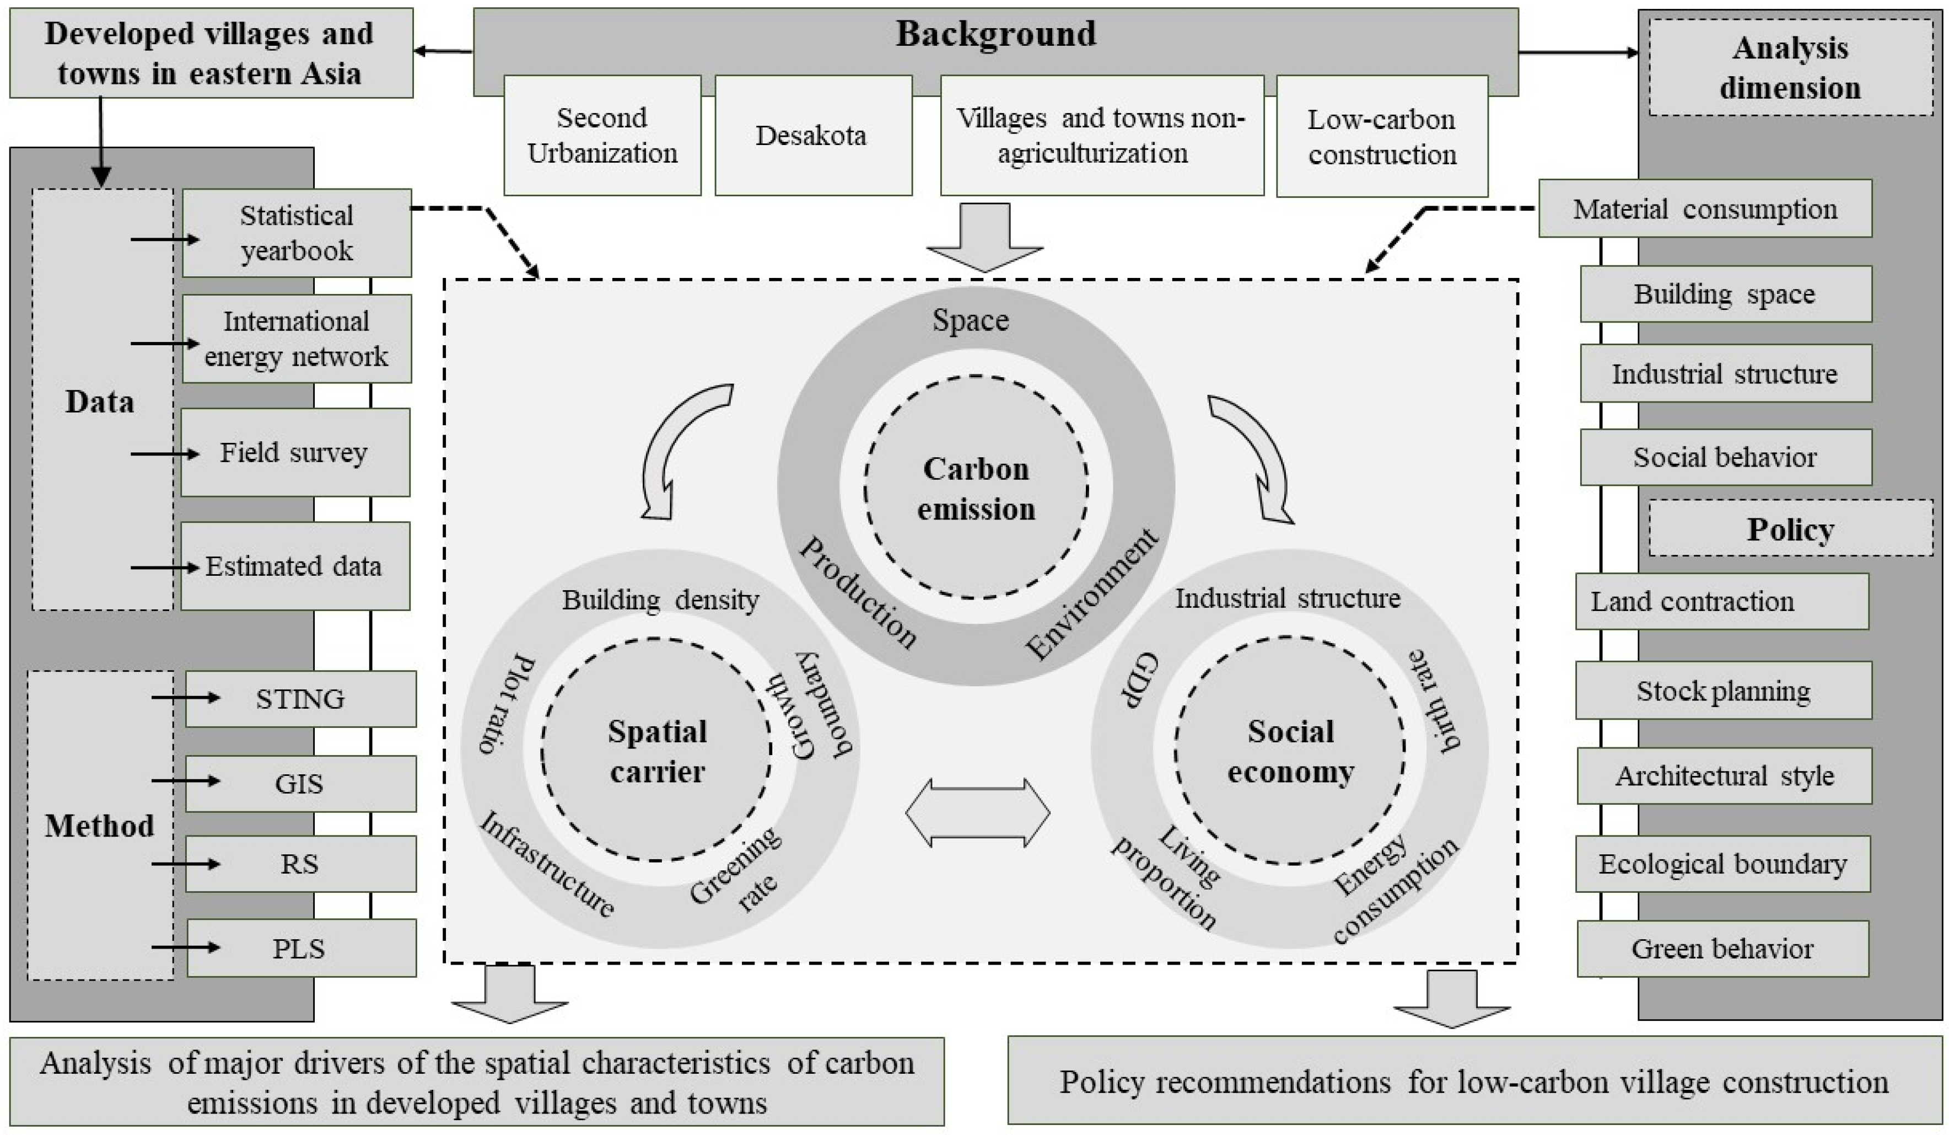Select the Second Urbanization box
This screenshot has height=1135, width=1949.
(x=602, y=136)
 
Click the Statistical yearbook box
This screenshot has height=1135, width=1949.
(x=296, y=233)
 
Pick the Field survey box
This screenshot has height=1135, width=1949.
(x=295, y=453)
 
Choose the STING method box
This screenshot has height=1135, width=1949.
(x=300, y=699)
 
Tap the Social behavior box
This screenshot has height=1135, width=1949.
(x=1725, y=457)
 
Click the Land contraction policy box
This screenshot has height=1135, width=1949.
(x=1721, y=601)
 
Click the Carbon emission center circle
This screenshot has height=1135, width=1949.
(x=976, y=488)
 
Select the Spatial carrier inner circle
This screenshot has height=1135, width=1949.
(x=656, y=751)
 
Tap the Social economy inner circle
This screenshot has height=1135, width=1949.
(x=1290, y=751)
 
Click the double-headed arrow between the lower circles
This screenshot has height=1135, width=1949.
(x=978, y=813)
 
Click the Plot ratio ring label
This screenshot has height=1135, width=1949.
(x=507, y=705)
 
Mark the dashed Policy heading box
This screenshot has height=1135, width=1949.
(x=1790, y=529)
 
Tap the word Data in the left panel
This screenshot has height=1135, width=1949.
(x=100, y=401)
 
